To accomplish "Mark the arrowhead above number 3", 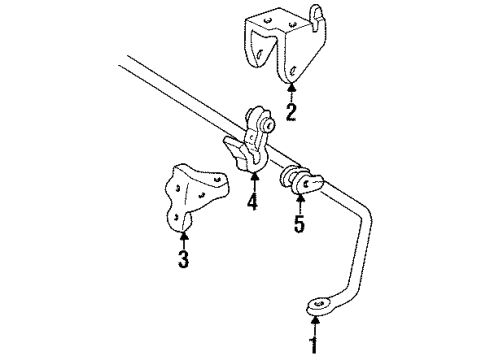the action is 184,234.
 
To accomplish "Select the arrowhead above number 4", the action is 253,177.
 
